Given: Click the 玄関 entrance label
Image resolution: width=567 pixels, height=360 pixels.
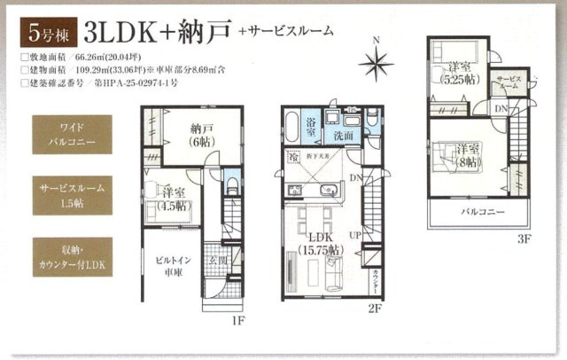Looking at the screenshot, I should [x=219, y=260].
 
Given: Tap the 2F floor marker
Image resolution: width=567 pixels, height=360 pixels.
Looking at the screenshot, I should [x=376, y=309].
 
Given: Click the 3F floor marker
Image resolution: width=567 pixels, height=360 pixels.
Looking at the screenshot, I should [x=524, y=239].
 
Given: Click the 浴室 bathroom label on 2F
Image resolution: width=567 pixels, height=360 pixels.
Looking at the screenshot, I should [x=313, y=126].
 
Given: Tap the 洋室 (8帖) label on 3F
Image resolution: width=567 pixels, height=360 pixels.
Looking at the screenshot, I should [x=467, y=156].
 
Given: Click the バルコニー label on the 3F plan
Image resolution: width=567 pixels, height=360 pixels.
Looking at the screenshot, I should [x=482, y=214].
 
